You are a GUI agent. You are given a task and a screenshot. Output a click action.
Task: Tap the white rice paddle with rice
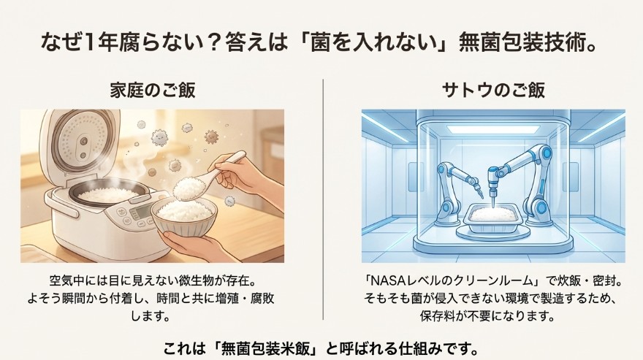pos(198,179)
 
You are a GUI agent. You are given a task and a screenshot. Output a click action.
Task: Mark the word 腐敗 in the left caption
pos(262,299)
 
